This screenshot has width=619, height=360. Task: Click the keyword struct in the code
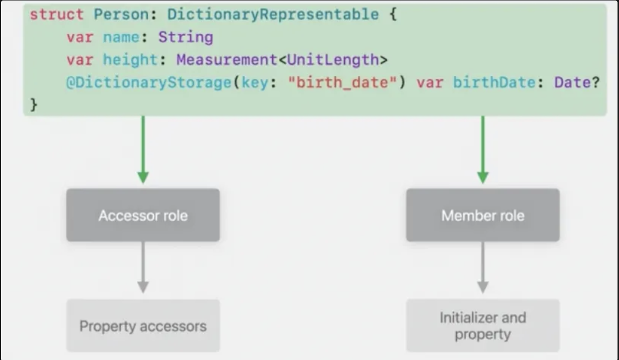coord(56,14)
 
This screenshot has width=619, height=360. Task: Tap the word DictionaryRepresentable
coord(273,14)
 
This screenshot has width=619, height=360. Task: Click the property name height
coord(130,60)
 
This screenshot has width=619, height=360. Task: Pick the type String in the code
coord(186,37)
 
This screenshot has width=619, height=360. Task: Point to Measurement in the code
coord(227,60)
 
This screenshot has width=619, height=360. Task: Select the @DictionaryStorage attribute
coord(149,82)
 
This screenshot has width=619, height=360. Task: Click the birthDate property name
coord(494,82)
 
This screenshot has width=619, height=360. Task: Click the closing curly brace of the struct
coord(34,105)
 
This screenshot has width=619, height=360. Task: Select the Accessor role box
coord(143,215)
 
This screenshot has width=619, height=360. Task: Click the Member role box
coord(483,215)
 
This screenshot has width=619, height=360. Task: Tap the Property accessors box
coord(143,326)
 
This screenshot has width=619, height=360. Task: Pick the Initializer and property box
coord(483,325)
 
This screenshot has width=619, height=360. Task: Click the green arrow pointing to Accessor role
coord(143,149)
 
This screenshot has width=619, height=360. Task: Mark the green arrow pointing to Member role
coord(483,149)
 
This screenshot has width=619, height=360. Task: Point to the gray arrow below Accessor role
coord(143,268)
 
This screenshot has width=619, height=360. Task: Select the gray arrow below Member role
coord(483,268)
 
